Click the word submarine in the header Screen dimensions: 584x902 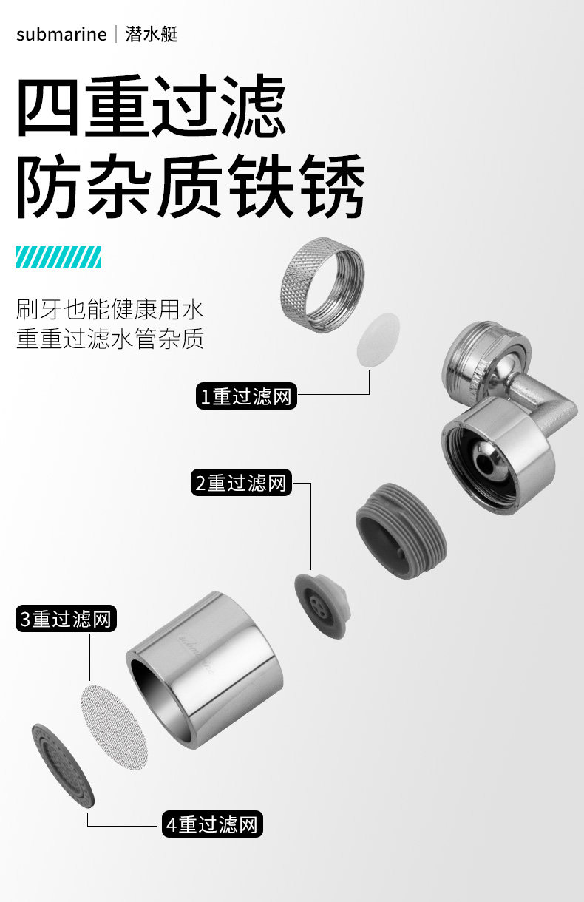pos(61,34)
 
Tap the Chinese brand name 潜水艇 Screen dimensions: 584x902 pos(152,34)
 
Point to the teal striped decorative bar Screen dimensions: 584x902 pos(58,257)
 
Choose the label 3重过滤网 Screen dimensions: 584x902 pos(66,618)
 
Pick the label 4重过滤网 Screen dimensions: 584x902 pos(213,824)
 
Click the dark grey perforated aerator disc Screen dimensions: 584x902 pos(64,765)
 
